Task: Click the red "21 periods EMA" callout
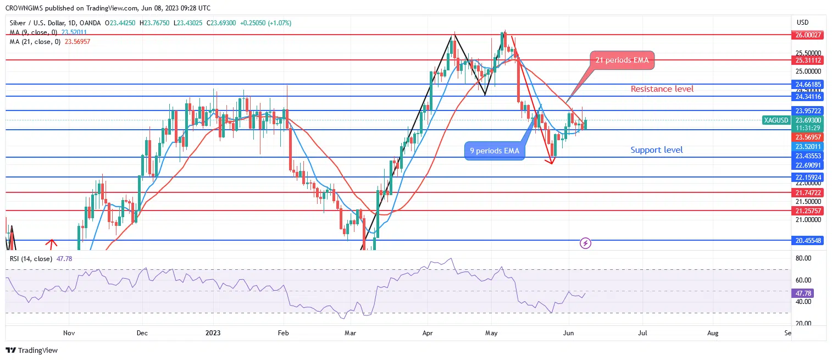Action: tap(622, 60)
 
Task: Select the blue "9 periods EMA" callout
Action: tap(495, 151)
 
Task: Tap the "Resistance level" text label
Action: tap(662, 89)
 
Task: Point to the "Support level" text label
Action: tap(657, 150)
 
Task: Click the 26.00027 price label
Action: tap(808, 35)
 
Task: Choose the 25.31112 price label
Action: tap(808, 60)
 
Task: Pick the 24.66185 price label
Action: tap(808, 85)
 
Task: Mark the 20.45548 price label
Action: tap(808, 241)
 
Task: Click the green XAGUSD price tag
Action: tap(776, 120)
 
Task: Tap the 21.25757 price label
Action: tap(808, 211)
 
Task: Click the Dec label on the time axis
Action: tap(142, 333)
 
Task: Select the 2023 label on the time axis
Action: tap(212, 333)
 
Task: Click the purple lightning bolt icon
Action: tap(586, 242)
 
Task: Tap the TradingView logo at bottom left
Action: tap(32, 350)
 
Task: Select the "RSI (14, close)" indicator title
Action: tap(30, 258)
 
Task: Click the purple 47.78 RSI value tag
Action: tap(807, 293)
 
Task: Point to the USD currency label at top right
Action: tap(802, 23)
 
